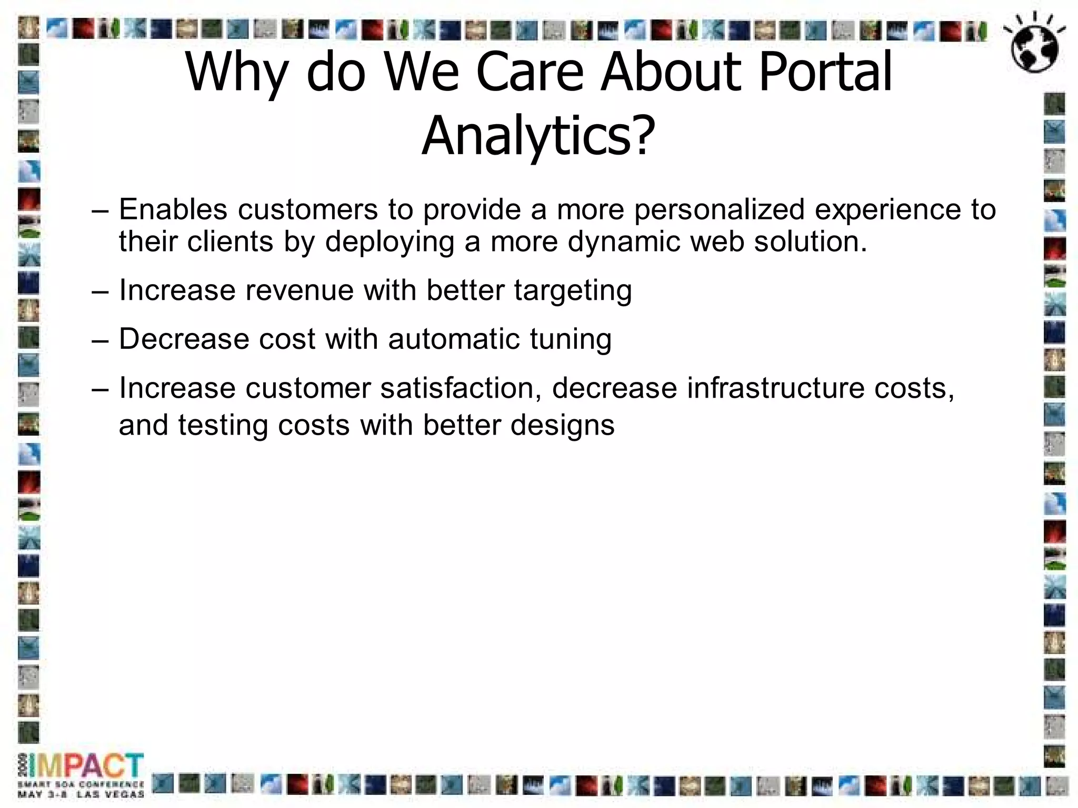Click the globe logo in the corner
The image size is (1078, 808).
coord(1034,47)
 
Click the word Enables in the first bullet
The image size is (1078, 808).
coord(173,209)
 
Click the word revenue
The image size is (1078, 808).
coord(300,290)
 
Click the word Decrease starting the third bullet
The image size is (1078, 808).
coord(184,339)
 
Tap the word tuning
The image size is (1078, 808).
coord(571,340)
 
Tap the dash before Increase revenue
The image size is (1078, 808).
coord(99,290)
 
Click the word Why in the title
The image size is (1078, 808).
coord(236,73)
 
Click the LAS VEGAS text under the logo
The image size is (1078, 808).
coord(110,794)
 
